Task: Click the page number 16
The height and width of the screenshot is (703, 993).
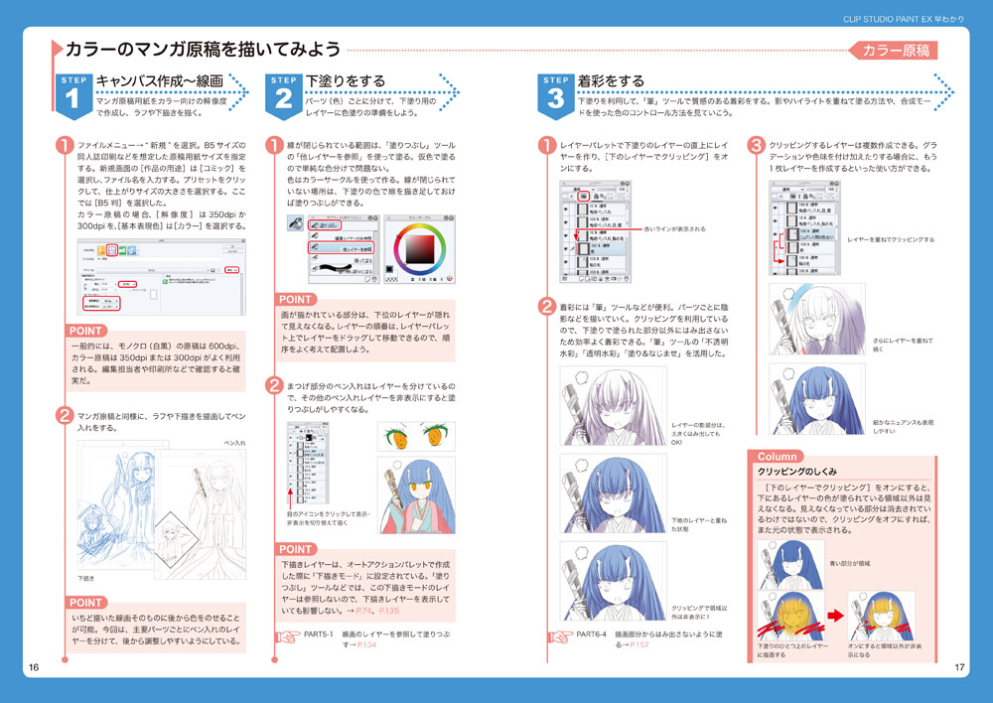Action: [33, 666]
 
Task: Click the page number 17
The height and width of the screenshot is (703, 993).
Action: [959, 666]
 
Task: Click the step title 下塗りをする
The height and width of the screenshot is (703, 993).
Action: [347, 80]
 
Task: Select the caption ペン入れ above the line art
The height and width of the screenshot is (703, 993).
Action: [234, 443]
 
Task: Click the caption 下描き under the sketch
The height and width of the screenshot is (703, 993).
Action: [86, 577]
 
